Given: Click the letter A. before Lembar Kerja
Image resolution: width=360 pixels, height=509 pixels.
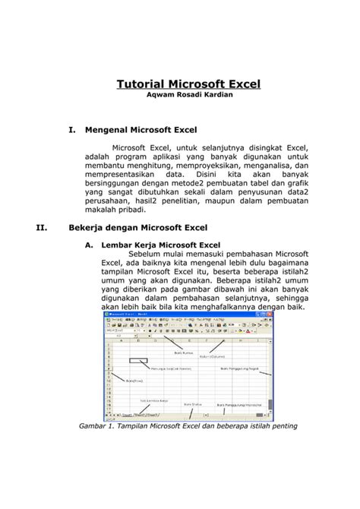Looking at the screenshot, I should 89,245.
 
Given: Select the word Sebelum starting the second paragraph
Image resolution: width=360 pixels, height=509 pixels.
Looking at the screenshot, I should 148,254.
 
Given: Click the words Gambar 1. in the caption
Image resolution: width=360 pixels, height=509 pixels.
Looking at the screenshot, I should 98,425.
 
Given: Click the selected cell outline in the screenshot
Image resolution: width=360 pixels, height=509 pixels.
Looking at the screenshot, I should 138,361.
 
